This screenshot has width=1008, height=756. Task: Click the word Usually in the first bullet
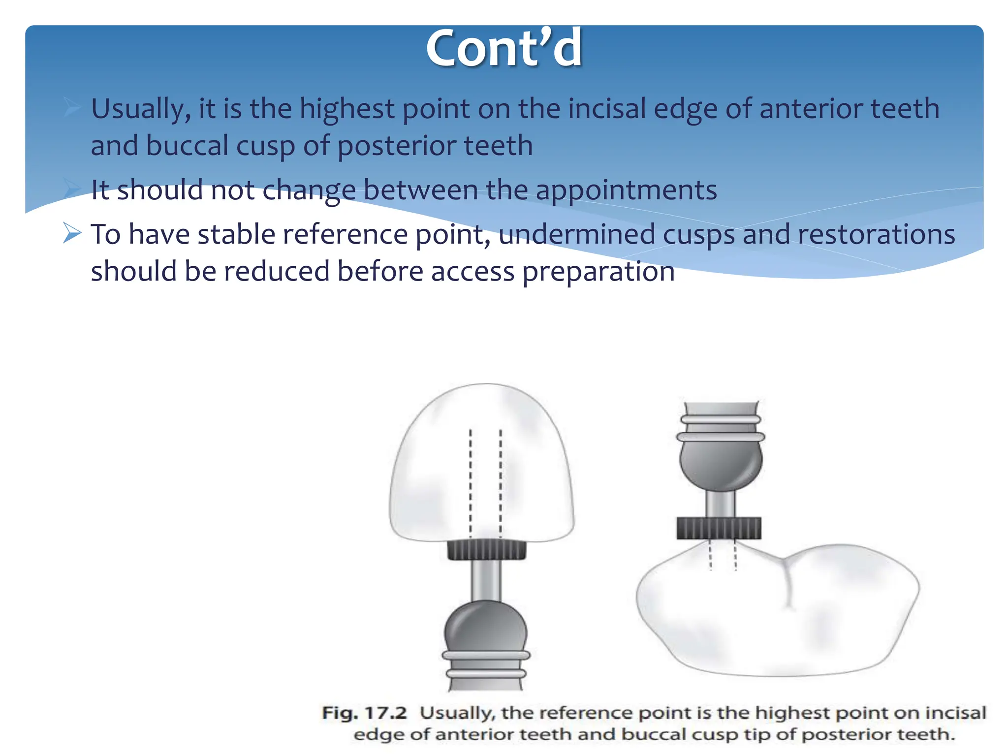click(140, 109)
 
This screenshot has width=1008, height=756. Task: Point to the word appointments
click(626, 190)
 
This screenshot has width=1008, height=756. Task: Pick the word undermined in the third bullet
click(576, 234)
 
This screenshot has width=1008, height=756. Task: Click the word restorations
click(876, 234)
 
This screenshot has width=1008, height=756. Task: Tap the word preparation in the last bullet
click(598, 272)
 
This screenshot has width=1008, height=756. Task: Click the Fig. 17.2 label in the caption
click(364, 713)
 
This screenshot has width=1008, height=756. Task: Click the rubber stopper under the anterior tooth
click(486, 550)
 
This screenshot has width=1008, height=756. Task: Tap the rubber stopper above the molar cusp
click(719, 528)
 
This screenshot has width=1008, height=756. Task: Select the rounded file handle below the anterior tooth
click(486, 628)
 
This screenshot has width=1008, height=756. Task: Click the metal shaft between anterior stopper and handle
click(486, 581)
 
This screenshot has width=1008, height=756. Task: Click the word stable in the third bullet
click(236, 234)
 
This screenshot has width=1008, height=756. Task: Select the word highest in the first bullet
click(347, 109)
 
